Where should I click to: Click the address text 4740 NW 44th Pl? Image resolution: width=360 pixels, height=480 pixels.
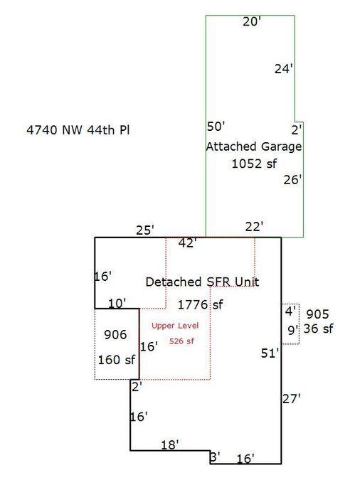(x=78, y=130)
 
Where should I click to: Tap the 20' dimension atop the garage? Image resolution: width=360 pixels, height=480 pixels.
(x=252, y=21)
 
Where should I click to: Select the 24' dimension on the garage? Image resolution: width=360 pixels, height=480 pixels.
(x=284, y=68)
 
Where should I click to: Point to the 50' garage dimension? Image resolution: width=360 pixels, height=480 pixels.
(x=216, y=126)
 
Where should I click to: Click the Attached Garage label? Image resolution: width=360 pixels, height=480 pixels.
(x=254, y=146)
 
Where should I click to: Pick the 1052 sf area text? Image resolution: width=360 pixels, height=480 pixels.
(x=254, y=164)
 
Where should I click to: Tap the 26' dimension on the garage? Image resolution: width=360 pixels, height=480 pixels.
(x=292, y=180)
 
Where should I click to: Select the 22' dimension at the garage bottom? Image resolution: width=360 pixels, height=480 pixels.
(x=254, y=227)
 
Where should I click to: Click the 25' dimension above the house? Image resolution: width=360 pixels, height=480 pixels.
(x=145, y=230)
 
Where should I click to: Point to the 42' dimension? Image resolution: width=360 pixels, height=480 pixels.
(x=187, y=242)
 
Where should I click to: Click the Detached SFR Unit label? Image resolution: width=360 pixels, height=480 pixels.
(x=202, y=282)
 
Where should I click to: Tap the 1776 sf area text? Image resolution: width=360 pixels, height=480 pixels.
(x=201, y=304)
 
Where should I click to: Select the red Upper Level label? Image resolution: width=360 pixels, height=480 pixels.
(x=175, y=326)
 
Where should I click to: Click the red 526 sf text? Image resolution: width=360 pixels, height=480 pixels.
(x=181, y=341)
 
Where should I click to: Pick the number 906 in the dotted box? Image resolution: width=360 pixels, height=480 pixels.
(x=115, y=335)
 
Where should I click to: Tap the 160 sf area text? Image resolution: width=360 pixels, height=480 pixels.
(x=117, y=360)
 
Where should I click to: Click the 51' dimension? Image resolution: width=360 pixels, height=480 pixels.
(x=270, y=353)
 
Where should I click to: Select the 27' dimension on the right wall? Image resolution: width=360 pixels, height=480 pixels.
(x=292, y=399)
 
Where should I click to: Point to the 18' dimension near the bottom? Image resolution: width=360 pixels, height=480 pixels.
(x=170, y=444)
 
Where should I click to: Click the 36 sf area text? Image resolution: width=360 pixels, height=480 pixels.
(x=318, y=329)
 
